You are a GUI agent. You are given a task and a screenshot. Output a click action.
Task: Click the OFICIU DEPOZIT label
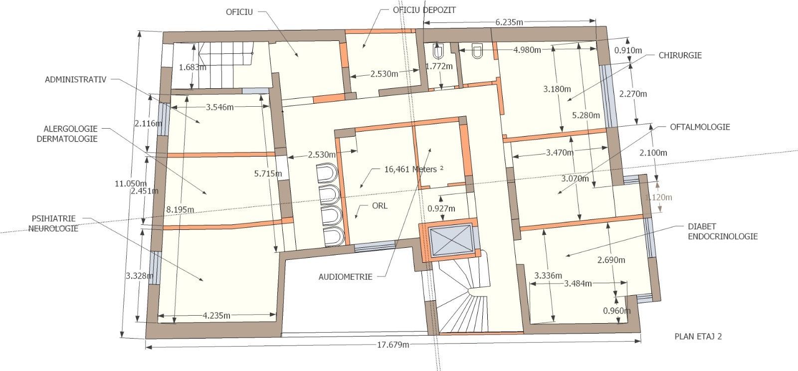click(424, 10)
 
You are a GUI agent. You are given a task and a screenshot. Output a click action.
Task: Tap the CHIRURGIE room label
click(680, 55)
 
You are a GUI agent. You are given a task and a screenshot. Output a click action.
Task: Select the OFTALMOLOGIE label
click(700, 127)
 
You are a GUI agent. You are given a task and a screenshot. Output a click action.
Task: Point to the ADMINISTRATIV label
click(75, 80)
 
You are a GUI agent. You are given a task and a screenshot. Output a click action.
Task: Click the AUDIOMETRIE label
click(345, 277)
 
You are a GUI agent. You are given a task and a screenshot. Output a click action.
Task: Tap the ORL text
click(380, 206)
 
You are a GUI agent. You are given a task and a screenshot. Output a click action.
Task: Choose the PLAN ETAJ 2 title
click(698, 337)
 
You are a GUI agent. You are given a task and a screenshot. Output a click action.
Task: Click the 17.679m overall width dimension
click(394, 345)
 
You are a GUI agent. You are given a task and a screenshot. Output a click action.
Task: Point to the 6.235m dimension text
click(509, 22)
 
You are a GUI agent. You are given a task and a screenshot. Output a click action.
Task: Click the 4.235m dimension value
click(216, 316)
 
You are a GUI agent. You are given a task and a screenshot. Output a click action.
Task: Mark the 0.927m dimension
click(441, 208)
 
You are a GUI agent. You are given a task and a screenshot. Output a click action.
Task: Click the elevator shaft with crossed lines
click(451, 241)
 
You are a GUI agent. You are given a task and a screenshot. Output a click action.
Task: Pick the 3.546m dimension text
click(220, 107)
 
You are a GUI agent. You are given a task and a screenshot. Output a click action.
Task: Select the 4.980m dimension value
click(527, 50)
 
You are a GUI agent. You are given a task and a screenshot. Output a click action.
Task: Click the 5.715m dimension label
click(268, 174)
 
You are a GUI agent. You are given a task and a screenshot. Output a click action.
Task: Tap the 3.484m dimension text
click(578, 284)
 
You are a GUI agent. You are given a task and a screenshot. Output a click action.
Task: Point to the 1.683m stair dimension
click(193, 67)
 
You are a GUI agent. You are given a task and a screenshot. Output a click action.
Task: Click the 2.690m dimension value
click(611, 260)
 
